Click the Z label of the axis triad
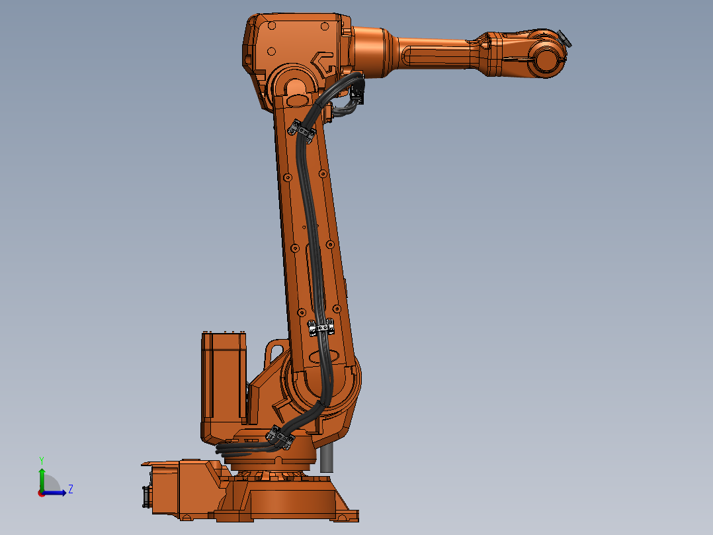(70, 489)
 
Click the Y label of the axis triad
(41, 460)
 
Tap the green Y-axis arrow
(42, 477)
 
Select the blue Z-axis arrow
(57, 492)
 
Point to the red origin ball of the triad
(42, 493)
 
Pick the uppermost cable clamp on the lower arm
(303, 130)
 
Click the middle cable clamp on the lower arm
(322, 328)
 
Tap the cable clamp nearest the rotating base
(280, 438)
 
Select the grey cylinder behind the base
(326, 458)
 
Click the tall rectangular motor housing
(224, 384)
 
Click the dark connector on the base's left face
(146, 497)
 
